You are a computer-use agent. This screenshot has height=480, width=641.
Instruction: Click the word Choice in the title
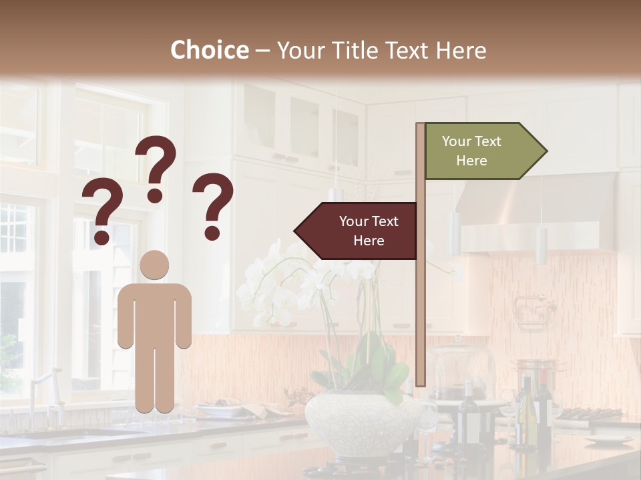tap(209, 50)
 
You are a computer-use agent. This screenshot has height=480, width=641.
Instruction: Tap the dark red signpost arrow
tap(357, 231)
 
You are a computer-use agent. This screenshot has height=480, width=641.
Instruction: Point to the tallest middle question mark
tap(156, 167)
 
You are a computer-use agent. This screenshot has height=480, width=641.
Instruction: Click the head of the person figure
tap(155, 265)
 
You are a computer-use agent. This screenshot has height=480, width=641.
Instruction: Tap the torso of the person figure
tap(155, 313)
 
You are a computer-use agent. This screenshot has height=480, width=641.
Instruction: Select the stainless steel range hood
tap(534, 213)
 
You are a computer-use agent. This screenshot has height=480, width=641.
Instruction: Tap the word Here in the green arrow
tap(471, 161)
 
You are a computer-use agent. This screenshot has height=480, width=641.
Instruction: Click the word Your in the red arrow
tap(354, 221)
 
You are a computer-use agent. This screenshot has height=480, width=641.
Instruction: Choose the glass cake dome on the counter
tap(461, 373)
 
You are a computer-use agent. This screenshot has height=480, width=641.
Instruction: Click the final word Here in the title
tap(461, 50)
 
